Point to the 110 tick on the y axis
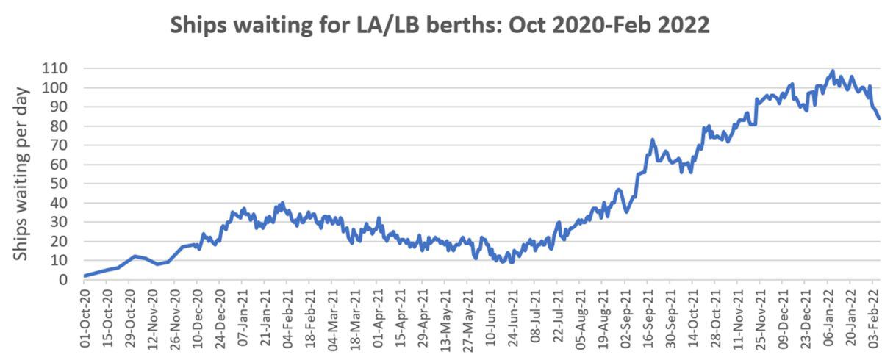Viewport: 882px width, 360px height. click(x=54, y=68)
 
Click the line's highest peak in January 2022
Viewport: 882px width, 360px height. click(x=833, y=71)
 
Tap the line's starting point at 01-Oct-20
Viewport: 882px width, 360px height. click(x=85, y=276)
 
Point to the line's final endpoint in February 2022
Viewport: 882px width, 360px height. click(x=879, y=118)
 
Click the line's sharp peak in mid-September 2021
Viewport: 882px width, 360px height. click(x=652, y=140)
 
